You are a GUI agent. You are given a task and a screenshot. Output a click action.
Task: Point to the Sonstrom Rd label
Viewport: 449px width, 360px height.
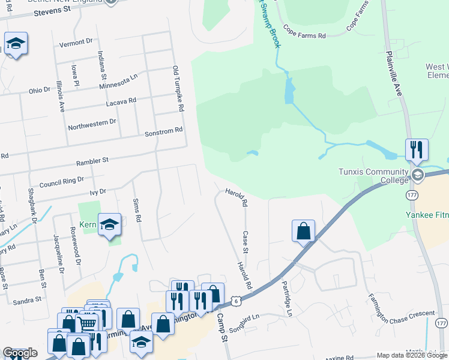click(x=163, y=131)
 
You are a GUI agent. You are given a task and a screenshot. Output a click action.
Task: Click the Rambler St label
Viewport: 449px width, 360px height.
click(x=91, y=161)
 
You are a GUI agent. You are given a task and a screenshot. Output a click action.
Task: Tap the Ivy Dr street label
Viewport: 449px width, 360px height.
click(x=97, y=192)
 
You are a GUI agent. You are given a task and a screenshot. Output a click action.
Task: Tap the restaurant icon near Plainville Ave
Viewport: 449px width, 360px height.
click(x=417, y=149)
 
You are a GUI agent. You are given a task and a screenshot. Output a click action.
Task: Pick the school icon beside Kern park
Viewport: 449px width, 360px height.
click(x=110, y=224)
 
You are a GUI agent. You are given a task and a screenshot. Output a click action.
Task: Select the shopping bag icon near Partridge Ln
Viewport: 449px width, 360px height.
click(x=304, y=230)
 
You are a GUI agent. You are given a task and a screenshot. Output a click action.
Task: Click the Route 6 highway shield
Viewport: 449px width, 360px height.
click(x=236, y=300)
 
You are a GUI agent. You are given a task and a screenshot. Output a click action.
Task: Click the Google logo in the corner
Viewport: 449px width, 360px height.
click(x=20, y=353)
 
